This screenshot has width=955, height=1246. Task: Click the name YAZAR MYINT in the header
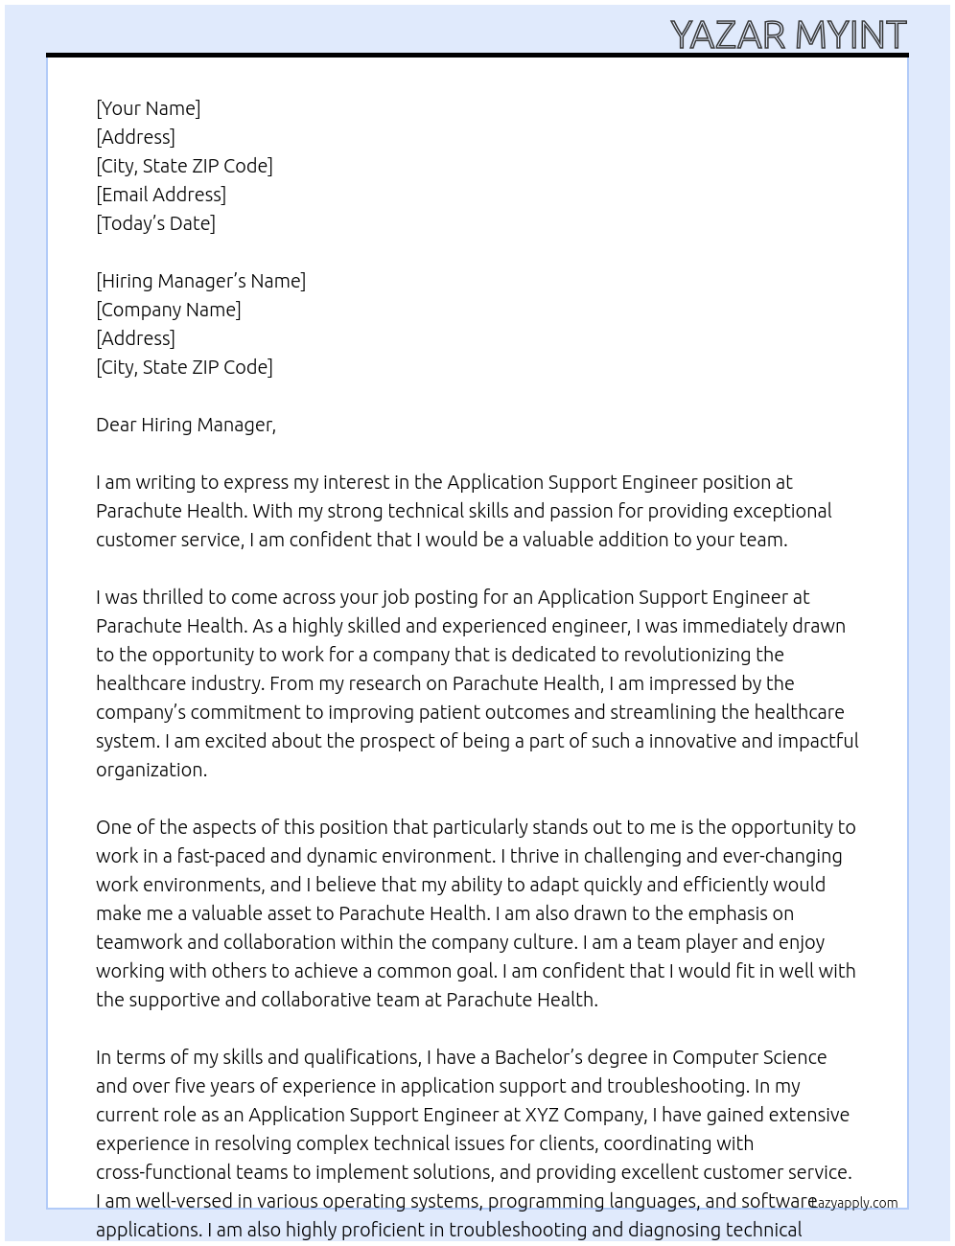click(x=787, y=35)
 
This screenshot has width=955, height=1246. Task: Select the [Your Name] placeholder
click(x=148, y=108)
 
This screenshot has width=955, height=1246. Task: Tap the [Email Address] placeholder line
click(x=161, y=195)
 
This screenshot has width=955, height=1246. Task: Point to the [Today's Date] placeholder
click(x=155, y=223)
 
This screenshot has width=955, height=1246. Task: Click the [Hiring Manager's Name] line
click(x=200, y=281)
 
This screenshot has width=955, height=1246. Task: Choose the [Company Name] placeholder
click(x=168, y=310)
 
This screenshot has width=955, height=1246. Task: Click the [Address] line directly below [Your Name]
click(x=135, y=137)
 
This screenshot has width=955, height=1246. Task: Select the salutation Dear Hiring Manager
click(x=185, y=425)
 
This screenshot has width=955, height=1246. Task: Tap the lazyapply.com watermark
click(x=854, y=1202)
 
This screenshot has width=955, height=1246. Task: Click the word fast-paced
click(x=221, y=856)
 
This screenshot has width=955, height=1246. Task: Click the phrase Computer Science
click(x=749, y=1057)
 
